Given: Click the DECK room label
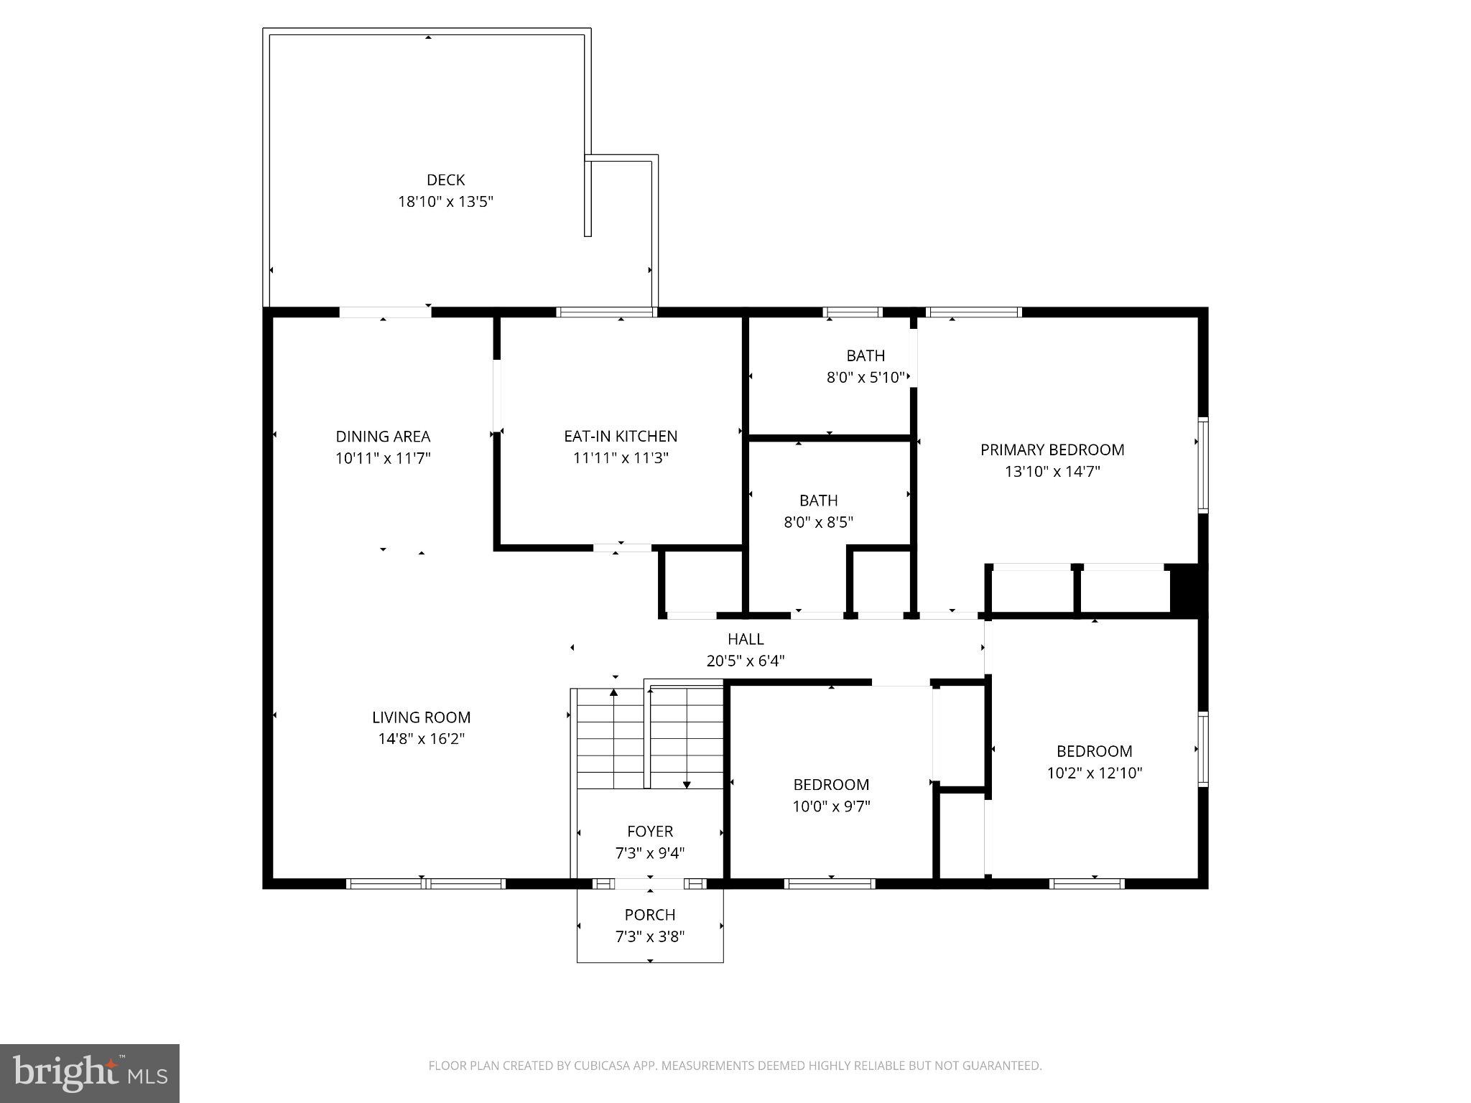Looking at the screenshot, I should pyautogui.click(x=445, y=180).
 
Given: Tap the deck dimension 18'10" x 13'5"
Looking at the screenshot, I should pyautogui.click(x=445, y=202).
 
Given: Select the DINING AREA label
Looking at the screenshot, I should pyautogui.click(x=383, y=437).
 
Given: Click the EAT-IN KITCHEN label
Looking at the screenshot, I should pyautogui.click(x=621, y=437).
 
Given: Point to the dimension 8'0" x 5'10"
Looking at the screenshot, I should pyautogui.click(x=865, y=378).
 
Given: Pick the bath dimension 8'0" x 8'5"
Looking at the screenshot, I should pyautogui.click(x=818, y=522).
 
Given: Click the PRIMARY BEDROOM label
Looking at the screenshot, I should pyautogui.click(x=1052, y=450).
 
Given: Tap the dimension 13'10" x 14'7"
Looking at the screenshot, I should pyautogui.click(x=1052, y=472).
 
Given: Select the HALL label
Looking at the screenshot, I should pyautogui.click(x=746, y=639).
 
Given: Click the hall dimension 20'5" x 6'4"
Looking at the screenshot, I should pyautogui.click(x=746, y=661).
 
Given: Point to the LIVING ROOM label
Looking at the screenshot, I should pyautogui.click(x=422, y=717).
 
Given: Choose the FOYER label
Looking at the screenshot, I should pyautogui.click(x=650, y=832).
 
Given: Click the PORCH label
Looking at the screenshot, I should pyautogui.click(x=650, y=915).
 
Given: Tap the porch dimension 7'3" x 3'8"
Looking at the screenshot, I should pyautogui.click(x=650, y=936).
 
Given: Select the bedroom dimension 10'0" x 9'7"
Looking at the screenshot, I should pyautogui.click(x=831, y=806).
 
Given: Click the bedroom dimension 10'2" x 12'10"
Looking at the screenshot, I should pyautogui.click(x=1095, y=773).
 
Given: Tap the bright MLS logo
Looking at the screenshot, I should pyautogui.click(x=90, y=1073).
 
